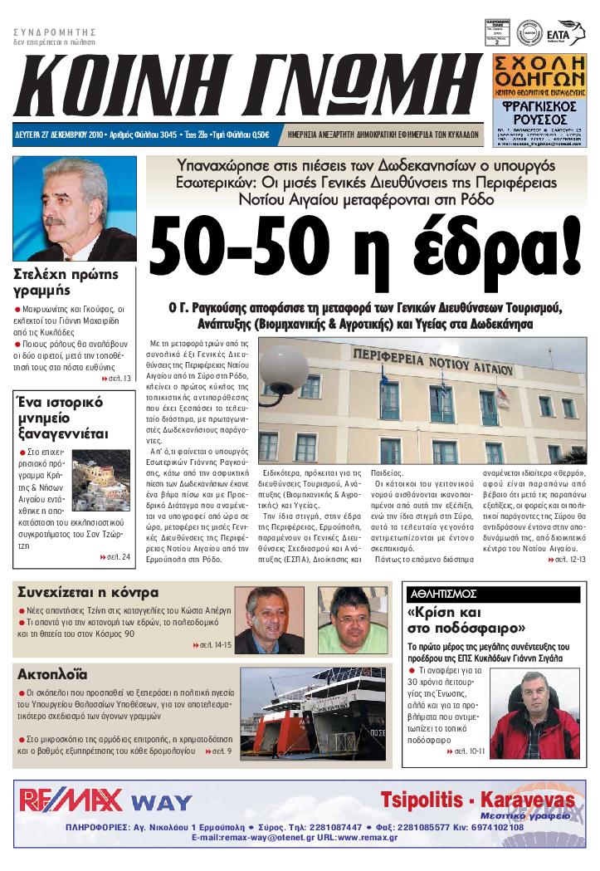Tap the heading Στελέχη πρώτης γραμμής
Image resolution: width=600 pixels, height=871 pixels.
(x=67, y=282)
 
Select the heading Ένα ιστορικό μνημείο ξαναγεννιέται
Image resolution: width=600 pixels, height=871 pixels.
(x=61, y=418)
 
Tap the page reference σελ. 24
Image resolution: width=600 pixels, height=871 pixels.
(x=115, y=556)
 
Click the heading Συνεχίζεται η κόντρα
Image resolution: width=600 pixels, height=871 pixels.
(x=88, y=593)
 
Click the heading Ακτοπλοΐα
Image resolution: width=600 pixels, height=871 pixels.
(x=52, y=673)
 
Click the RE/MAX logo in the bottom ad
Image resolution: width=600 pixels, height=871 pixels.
(x=71, y=800)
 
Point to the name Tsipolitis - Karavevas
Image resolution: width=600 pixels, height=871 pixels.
(x=476, y=800)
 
